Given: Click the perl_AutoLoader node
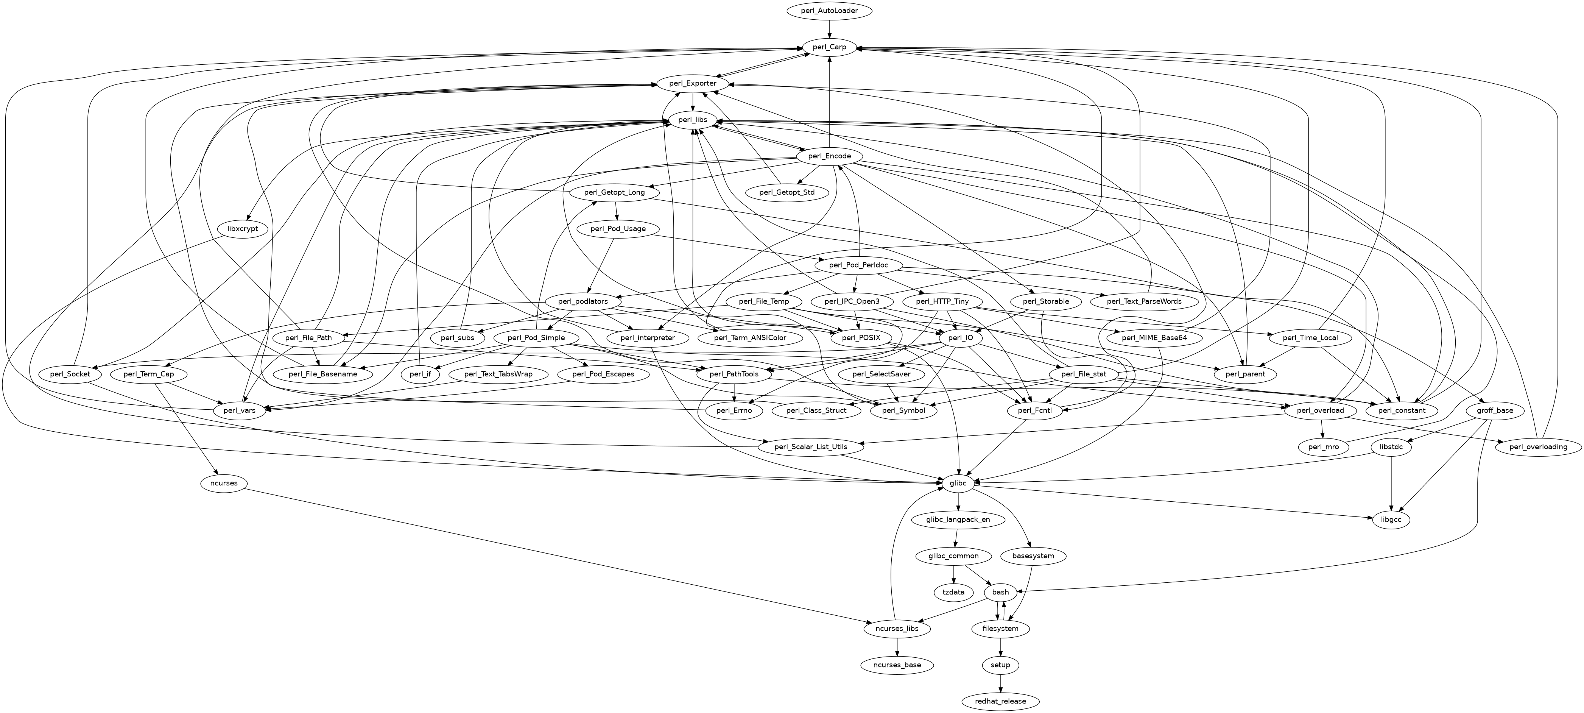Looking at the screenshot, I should (x=830, y=11).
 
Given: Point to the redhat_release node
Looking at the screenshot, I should (x=1000, y=701).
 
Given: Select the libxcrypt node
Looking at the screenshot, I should (x=243, y=229).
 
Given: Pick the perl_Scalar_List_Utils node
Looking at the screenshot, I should (x=810, y=447).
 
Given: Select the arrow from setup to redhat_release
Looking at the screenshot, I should (x=1000, y=683).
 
